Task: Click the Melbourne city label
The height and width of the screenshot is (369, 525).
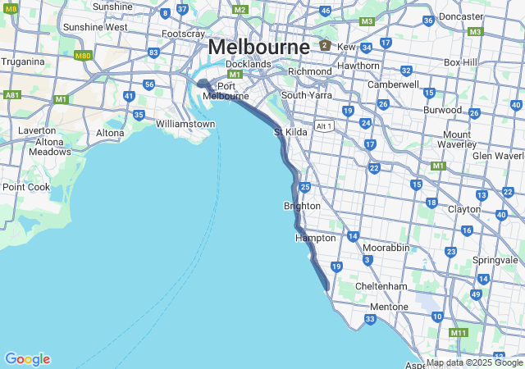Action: point(258,46)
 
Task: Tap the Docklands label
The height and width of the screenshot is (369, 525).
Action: point(248,64)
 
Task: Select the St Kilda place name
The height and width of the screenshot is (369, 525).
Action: point(290,131)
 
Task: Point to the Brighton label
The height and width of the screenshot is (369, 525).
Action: point(301,206)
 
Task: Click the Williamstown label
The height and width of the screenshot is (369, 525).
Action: point(185,124)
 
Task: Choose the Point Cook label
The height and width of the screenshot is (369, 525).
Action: point(26,187)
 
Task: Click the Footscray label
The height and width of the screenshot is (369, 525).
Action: point(183,34)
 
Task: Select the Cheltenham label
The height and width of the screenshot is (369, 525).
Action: point(381,286)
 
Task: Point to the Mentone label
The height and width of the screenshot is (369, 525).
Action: point(389,307)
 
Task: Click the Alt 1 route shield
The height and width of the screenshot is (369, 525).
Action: point(325,125)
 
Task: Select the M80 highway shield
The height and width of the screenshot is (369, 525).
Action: point(82,56)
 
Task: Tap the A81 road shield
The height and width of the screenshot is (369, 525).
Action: point(12,95)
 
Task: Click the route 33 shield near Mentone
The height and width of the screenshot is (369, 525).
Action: point(370,319)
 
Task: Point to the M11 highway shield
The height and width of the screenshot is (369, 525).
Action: point(459,332)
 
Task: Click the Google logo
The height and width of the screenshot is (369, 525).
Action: point(27,359)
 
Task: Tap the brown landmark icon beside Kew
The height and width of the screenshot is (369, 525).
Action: point(326,45)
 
